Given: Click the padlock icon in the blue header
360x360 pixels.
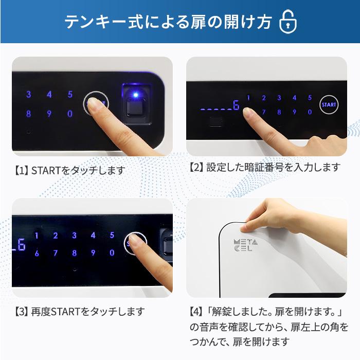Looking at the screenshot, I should tap(288, 22).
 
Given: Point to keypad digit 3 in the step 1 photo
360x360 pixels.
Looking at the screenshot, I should tap(29, 95).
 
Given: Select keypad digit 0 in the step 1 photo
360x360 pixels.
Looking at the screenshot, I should tap(70, 114).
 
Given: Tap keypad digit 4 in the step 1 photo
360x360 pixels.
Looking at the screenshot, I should tap(49, 95).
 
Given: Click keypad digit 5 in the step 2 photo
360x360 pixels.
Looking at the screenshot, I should tap(310, 98).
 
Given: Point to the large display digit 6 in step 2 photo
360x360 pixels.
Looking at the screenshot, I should tap(236, 106).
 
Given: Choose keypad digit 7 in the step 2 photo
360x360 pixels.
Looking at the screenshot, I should tap(263, 112).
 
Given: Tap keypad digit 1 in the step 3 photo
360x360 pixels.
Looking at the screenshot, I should tap(37, 236).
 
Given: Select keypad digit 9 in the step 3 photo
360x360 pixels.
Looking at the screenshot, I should tap(93, 253).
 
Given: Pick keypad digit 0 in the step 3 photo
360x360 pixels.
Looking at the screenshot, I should tap(112, 253).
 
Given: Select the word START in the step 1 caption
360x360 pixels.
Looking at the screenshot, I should tap(48, 170).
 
